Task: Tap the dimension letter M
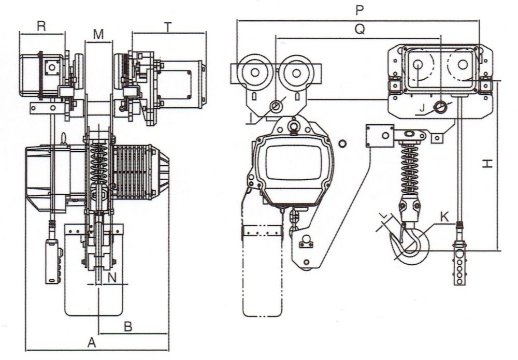click(98, 34)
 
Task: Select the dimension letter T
click(168, 27)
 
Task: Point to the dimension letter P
click(359, 10)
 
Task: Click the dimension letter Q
click(359, 29)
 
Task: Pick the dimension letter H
click(486, 164)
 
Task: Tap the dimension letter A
click(92, 342)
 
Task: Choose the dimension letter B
click(129, 326)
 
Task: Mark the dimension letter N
click(111, 278)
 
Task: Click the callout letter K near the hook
click(444, 217)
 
